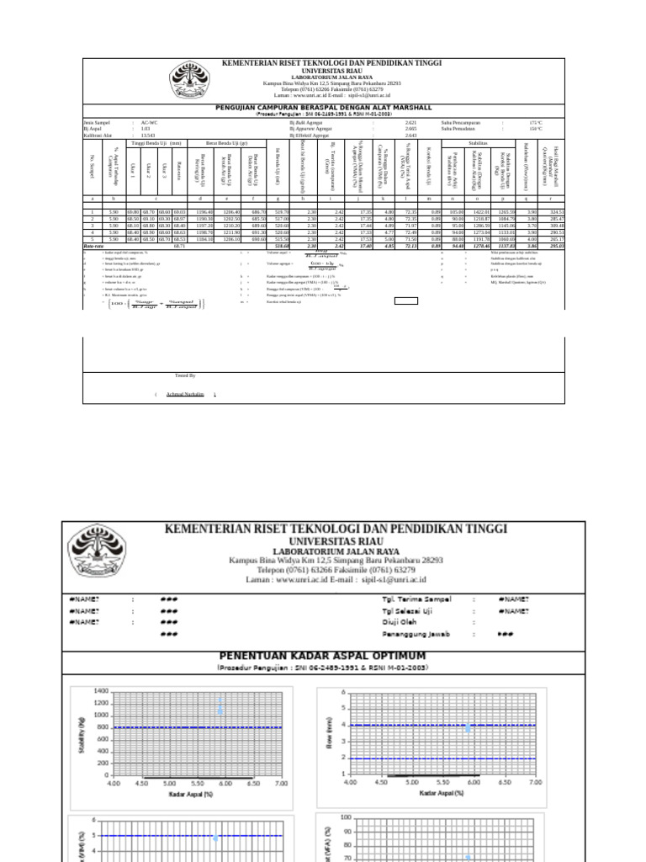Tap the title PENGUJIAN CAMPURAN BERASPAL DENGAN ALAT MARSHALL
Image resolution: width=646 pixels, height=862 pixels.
click(x=324, y=108)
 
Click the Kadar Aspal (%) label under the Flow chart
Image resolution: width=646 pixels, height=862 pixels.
click(x=433, y=794)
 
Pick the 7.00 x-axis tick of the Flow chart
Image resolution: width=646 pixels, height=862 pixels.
click(x=536, y=782)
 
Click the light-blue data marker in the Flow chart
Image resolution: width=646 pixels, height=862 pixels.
click(x=468, y=728)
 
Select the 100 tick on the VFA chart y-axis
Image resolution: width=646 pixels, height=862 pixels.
click(x=345, y=818)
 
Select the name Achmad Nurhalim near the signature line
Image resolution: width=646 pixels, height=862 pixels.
click(x=185, y=394)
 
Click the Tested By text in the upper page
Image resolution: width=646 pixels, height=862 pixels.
click(x=185, y=375)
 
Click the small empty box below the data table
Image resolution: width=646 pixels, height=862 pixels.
click(x=406, y=300)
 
